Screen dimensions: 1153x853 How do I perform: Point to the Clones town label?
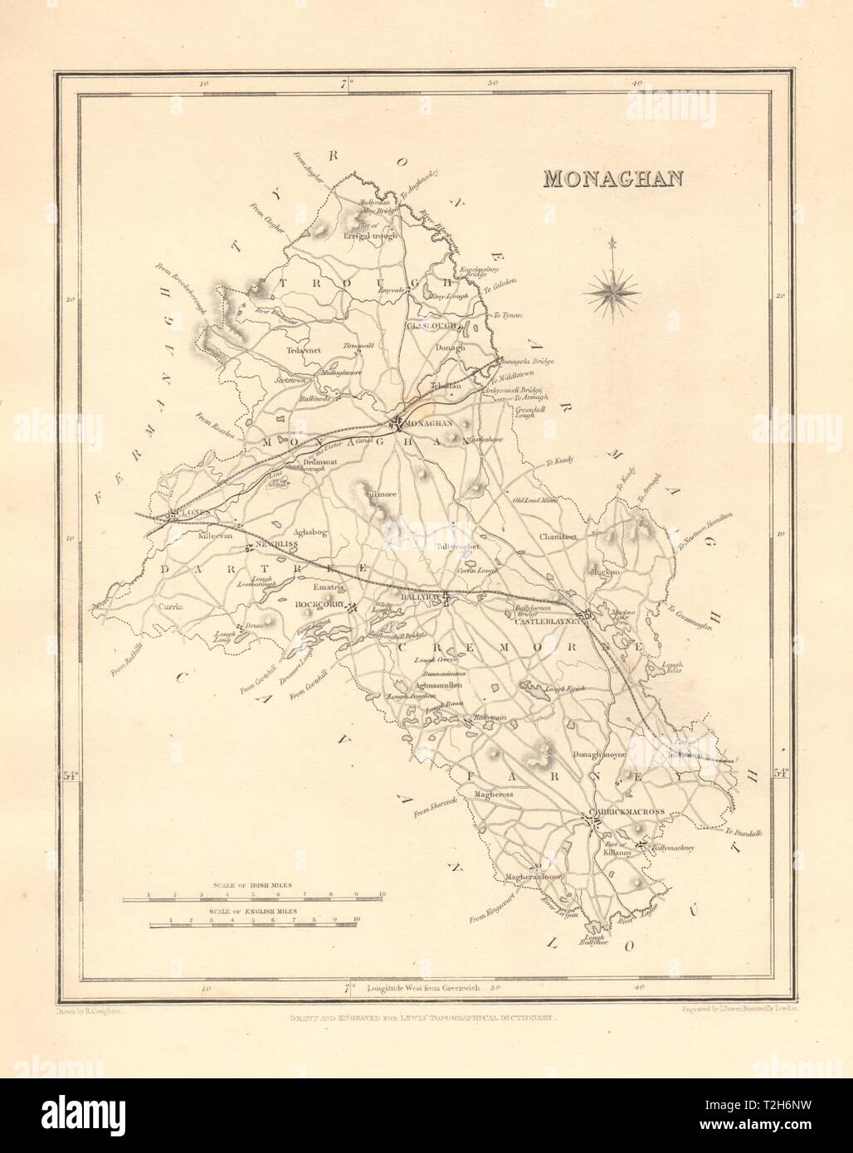click(189, 514)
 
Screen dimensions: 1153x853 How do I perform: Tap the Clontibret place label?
click(559, 536)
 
